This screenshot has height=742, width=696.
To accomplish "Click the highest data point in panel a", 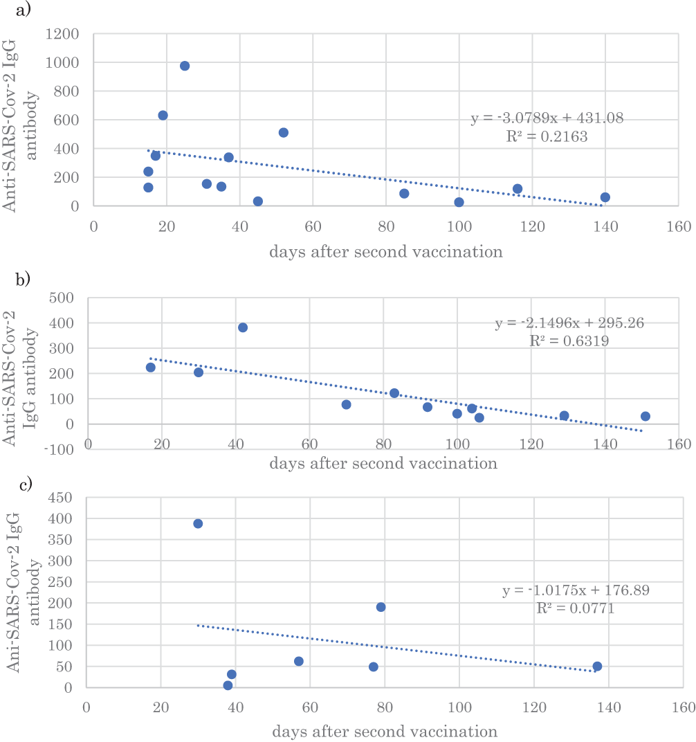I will [185, 66].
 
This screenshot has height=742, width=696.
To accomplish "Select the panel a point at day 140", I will [605, 197].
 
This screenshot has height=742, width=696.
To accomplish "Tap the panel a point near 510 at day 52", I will [284, 132].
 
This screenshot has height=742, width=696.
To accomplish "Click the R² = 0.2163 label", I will [547, 137].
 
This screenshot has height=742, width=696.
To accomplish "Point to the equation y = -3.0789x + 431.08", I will [547, 119].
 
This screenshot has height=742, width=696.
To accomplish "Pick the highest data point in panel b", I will [243, 327].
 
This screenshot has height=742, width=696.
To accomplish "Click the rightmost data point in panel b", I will [645, 416].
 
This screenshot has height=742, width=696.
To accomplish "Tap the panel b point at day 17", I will [151, 368].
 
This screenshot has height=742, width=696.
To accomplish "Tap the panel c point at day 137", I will [597, 666].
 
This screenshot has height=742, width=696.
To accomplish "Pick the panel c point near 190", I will [381, 607].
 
